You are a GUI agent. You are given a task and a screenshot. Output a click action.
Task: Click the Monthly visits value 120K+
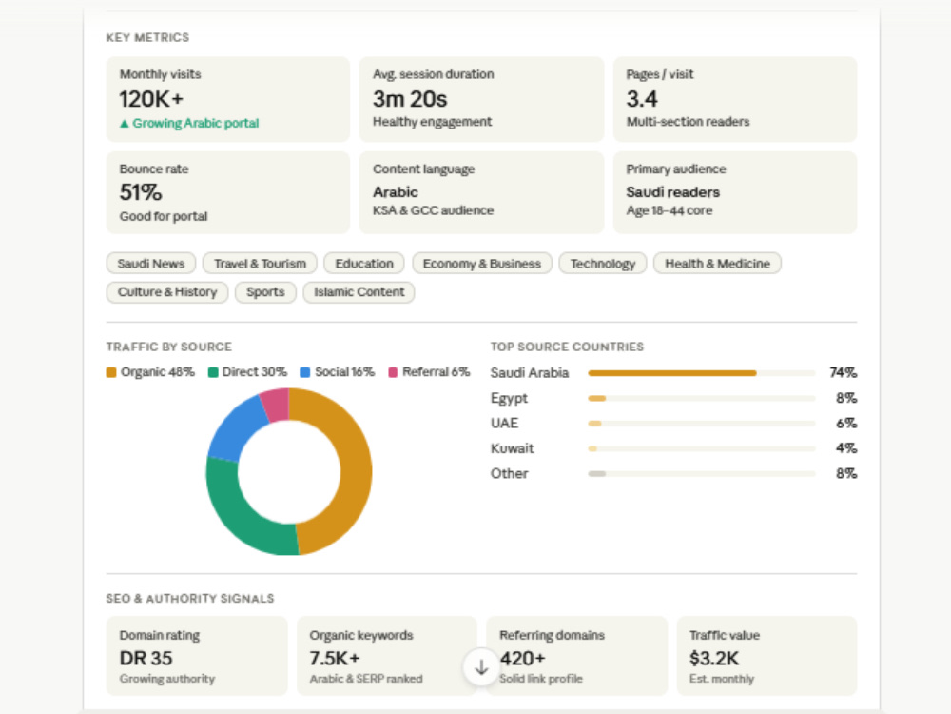tap(151, 99)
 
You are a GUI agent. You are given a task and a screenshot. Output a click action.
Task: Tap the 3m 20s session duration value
tap(410, 99)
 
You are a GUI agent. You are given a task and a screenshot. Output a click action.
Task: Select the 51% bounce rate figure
tap(141, 192)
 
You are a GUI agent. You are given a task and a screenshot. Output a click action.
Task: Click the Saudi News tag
tap(151, 264)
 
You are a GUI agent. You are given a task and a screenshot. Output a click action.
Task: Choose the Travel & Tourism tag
tap(260, 264)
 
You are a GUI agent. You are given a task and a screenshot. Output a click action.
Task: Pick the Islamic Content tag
tap(359, 292)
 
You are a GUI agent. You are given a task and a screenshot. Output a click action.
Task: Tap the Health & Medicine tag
tap(717, 264)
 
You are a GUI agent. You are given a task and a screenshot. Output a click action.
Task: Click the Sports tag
tap(265, 292)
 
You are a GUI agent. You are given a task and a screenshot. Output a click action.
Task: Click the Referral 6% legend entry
tap(429, 372)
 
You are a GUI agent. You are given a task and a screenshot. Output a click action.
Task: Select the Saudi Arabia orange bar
tap(672, 373)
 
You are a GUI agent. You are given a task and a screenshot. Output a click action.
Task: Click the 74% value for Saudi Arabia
tap(843, 373)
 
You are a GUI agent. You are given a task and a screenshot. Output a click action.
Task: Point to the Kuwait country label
tap(512, 448)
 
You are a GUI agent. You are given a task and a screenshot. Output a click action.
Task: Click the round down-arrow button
tap(481, 667)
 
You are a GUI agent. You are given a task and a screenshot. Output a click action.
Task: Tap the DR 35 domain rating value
tap(146, 658)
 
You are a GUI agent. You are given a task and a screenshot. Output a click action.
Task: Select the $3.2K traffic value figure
tap(714, 658)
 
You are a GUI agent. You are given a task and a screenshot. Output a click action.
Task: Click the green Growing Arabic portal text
tap(189, 123)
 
